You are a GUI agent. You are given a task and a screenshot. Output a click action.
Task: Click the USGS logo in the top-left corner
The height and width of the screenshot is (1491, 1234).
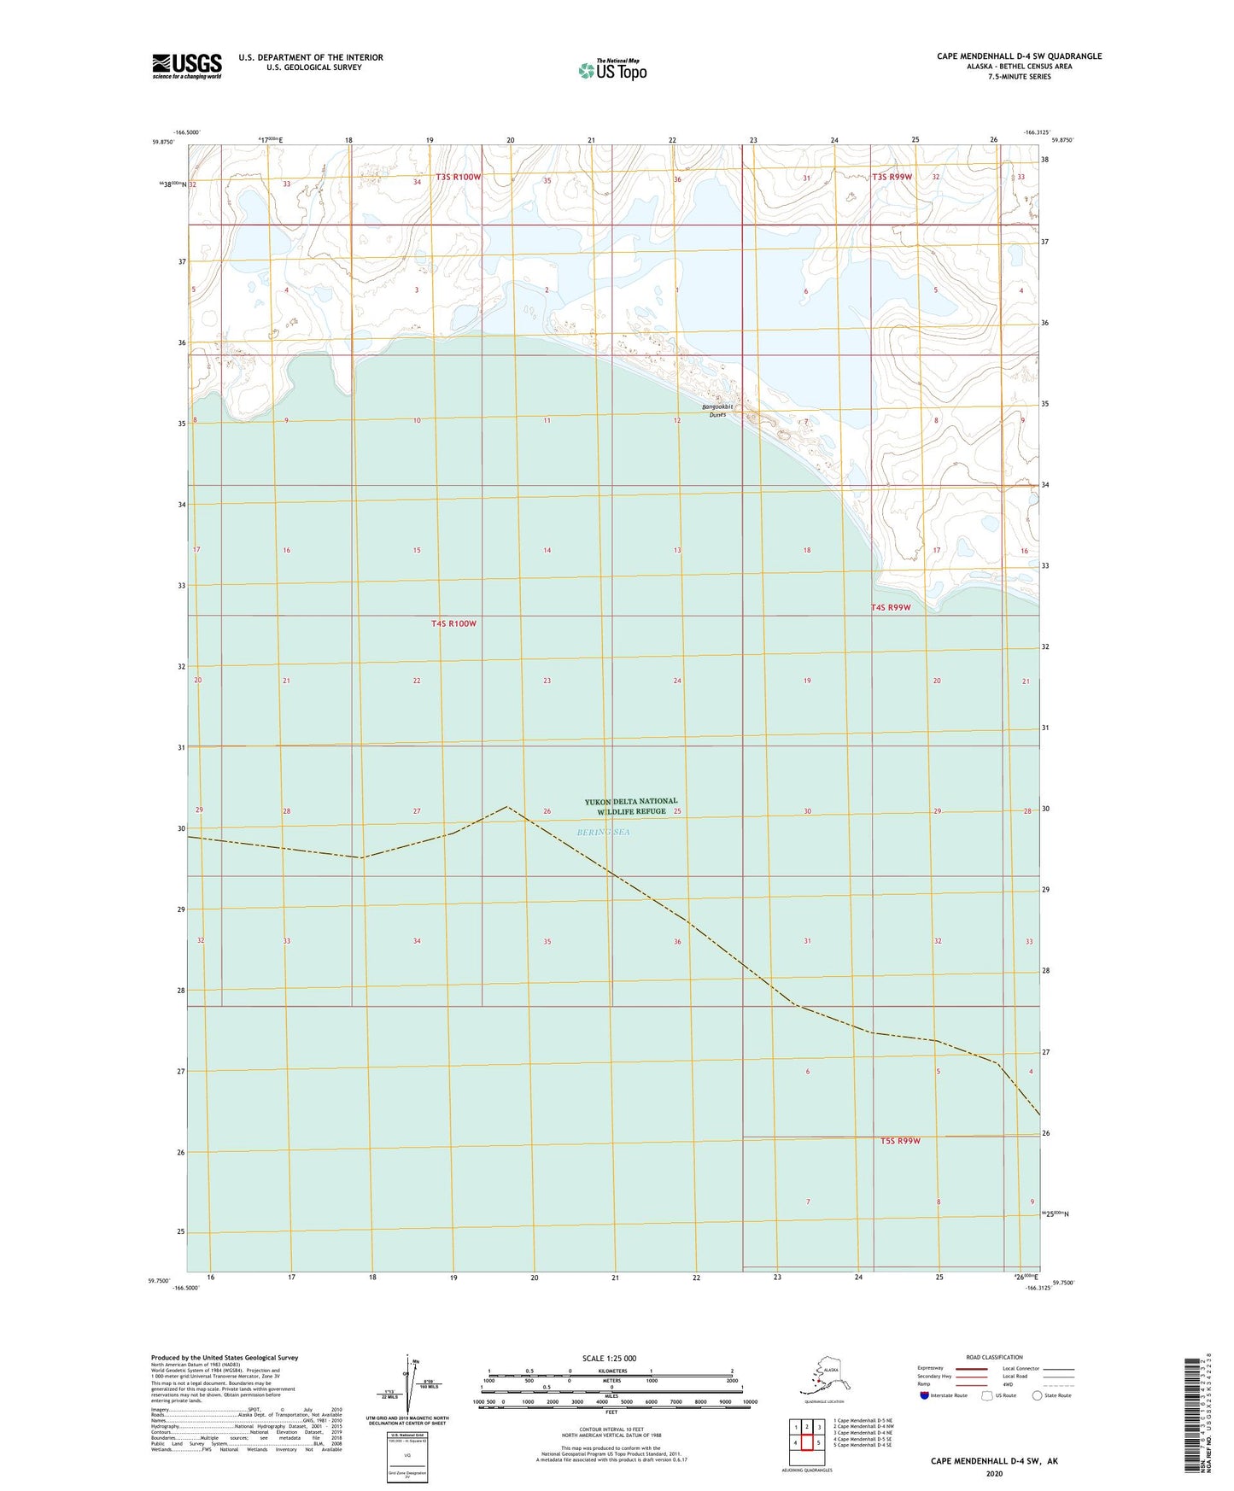[186, 66]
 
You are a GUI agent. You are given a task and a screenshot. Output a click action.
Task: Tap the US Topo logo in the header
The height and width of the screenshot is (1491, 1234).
[611, 70]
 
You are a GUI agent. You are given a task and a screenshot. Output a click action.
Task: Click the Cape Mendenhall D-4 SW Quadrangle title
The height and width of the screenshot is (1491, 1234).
[1019, 56]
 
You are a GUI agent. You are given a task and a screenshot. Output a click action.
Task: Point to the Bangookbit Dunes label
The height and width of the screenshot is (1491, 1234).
[717, 411]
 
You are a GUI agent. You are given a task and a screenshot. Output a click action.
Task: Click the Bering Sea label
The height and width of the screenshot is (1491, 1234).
[603, 832]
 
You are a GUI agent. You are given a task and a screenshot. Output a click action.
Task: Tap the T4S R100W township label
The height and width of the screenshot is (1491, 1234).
[453, 623]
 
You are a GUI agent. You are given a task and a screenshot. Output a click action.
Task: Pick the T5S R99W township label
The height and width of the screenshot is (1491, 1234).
[900, 1141]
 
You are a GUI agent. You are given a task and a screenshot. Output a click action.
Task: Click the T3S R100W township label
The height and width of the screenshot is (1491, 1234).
[459, 178]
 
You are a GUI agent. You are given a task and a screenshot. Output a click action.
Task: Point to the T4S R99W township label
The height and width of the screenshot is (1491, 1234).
[891, 608]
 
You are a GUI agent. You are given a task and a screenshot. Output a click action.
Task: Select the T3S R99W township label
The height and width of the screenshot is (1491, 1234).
[892, 177]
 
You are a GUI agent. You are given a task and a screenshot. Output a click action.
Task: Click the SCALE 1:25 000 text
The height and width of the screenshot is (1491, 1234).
[609, 1359]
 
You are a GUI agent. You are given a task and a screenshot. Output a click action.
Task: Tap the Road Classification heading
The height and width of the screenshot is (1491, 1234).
[994, 1357]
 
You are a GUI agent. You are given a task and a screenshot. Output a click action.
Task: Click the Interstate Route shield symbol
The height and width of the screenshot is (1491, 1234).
[925, 1395]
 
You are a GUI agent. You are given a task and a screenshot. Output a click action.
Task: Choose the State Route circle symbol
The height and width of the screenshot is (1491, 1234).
[1037, 1395]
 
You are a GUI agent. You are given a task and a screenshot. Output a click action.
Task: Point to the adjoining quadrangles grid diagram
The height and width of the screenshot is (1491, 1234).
[807, 1436]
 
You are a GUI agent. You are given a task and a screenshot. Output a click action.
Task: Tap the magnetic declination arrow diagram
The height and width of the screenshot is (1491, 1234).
[410, 1384]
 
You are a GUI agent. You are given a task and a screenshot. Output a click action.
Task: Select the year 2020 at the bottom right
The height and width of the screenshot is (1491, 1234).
[994, 1473]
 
